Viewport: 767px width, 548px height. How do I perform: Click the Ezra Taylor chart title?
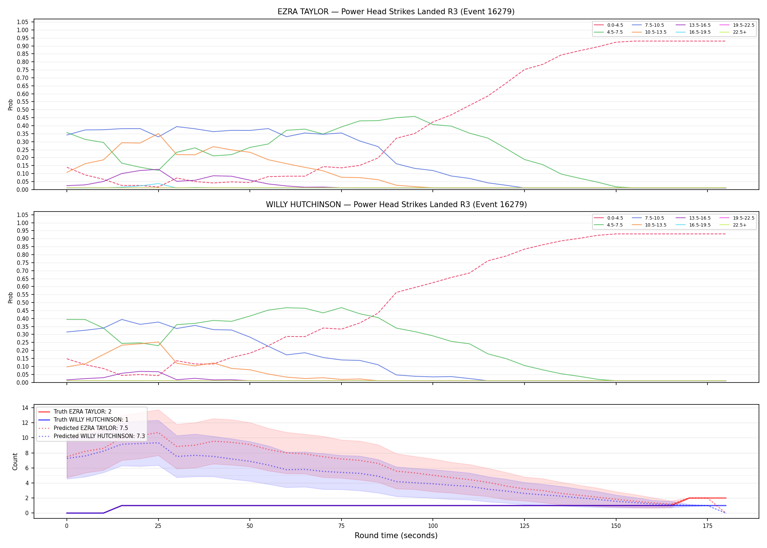[x=396, y=12]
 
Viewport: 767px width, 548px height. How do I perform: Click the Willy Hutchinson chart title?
[x=396, y=205]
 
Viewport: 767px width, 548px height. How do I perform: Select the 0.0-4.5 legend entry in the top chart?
[x=609, y=25]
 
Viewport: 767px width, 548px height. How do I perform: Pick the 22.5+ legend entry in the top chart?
[x=733, y=32]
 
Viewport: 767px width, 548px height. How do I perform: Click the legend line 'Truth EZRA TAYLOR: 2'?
[x=75, y=412]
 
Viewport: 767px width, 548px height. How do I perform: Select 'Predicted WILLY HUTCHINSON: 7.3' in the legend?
[x=92, y=436]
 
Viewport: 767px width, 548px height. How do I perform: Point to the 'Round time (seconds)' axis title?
[x=396, y=536]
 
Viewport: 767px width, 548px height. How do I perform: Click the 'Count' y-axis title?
[x=15, y=461]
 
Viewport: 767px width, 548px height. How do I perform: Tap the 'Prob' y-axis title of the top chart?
[x=11, y=105]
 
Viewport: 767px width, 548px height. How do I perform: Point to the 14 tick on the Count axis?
[x=26, y=408]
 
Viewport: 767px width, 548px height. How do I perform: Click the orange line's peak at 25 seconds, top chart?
[x=158, y=134]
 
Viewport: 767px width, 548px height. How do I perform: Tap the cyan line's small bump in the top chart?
[x=158, y=184]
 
